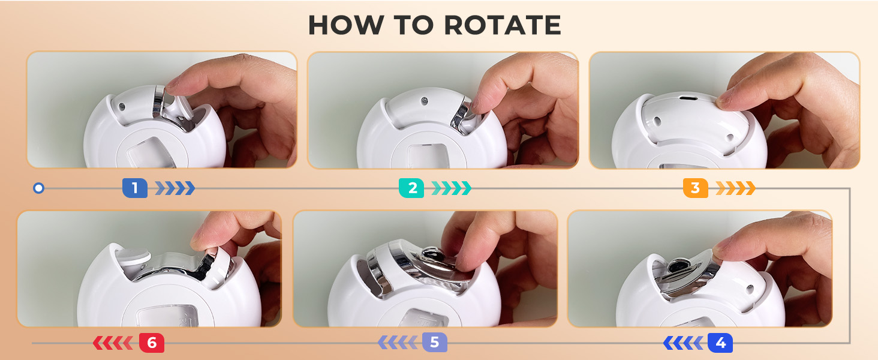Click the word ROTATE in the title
(x=503, y=25)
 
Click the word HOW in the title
(x=346, y=25)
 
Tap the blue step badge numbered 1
(x=135, y=188)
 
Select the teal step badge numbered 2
(x=411, y=188)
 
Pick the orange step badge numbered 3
(x=695, y=188)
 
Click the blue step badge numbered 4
(x=720, y=343)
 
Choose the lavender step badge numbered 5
(x=435, y=343)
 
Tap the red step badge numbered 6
(x=152, y=343)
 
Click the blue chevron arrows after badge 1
(x=175, y=188)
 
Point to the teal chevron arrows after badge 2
(x=451, y=188)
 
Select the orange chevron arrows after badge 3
(x=735, y=188)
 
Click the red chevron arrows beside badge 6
(x=113, y=343)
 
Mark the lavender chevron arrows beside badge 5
(x=398, y=343)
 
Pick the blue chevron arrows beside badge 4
(x=683, y=343)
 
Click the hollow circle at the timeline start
(x=38, y=188)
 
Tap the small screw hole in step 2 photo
(x=424, y=101)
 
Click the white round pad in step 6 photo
(x=134, y=255)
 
